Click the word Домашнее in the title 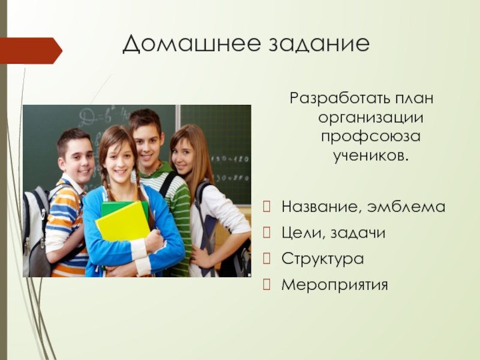pos(192,43)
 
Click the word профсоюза pos(371,137)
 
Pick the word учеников pos(371,155)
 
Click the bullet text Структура pos(323,259)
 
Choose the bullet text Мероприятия pos(335,284)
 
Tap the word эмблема pos(406,206)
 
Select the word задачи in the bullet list pos(358,233)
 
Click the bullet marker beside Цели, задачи pos(266,233)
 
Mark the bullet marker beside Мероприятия pos(266,284)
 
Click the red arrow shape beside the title pos(31,51)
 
